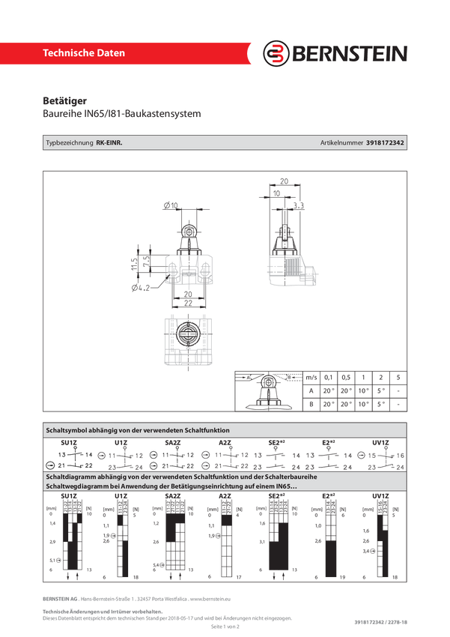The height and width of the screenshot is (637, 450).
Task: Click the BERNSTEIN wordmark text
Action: (348, 54)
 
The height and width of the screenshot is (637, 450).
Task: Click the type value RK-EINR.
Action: (109, 142)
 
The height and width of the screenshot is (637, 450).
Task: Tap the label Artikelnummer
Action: (341, 142)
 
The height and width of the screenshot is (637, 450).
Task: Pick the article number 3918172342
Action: (386, 142)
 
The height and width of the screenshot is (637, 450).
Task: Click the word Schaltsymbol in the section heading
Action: (68, 431)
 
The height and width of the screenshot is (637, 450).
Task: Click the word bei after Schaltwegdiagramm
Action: (111, 487)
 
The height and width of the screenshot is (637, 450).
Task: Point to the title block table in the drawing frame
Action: (320, 390)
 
